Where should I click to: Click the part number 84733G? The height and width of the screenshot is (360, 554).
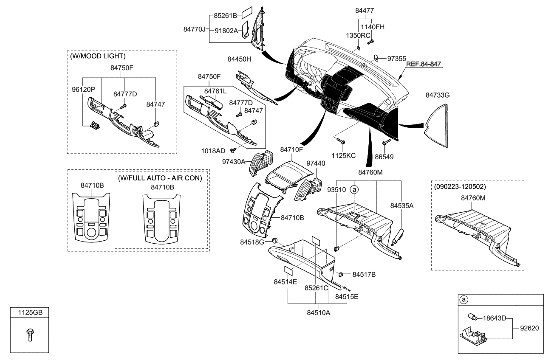pos(437,96)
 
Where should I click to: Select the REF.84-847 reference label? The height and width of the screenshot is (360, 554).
pos(424,64)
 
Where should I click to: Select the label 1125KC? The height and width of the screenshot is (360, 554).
pos(344,156)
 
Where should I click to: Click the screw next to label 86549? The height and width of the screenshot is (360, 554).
pos(386,143)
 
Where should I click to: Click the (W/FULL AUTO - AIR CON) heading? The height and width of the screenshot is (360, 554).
pos(160,178)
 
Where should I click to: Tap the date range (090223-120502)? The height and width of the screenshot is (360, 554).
pos(460,186)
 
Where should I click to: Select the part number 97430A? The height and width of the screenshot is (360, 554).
pos(233,162)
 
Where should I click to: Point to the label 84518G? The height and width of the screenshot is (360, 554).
pos(252,242)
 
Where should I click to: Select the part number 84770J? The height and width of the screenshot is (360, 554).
pos(195,29)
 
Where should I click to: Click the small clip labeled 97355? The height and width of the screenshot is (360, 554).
pos(376,57)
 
